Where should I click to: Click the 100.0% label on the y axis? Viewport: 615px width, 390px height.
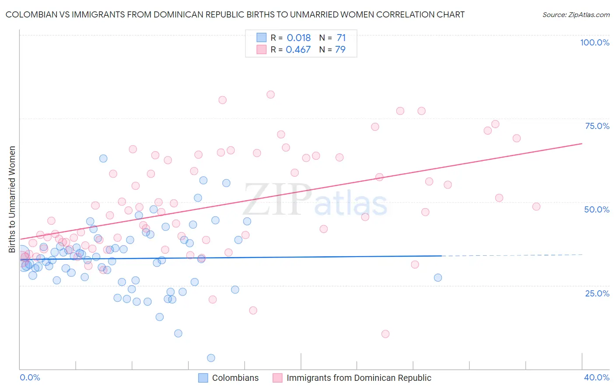point(594,42)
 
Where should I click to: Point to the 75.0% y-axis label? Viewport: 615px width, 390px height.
point(597,126)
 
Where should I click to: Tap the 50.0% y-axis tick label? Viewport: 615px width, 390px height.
point(597,209)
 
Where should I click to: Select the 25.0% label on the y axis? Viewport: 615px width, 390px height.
point(597,293)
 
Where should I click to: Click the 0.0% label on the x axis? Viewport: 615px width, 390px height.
point(30,377)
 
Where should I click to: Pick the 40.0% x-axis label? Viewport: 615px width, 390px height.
point(597,377)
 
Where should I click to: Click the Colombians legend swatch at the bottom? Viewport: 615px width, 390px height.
point(203,378)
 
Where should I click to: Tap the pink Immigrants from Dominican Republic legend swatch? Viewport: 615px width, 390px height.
point(277,378)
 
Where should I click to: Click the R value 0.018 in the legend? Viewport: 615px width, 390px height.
point(299,38)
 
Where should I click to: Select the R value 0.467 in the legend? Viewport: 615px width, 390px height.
point(298,49)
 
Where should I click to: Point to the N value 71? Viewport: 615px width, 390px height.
point(341,38)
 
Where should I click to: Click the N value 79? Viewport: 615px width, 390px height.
point(340,49)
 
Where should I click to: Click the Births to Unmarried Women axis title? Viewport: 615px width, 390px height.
point(12,199)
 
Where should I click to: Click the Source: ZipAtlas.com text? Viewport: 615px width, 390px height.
point(576,15)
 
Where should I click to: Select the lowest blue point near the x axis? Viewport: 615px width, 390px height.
point(211,358)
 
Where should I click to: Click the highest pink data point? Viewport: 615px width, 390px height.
point(270,94)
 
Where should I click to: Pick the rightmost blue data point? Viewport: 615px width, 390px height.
point(438,278)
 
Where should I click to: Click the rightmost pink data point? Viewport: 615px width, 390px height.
point(536,206)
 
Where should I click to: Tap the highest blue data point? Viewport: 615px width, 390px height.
point(103,158)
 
